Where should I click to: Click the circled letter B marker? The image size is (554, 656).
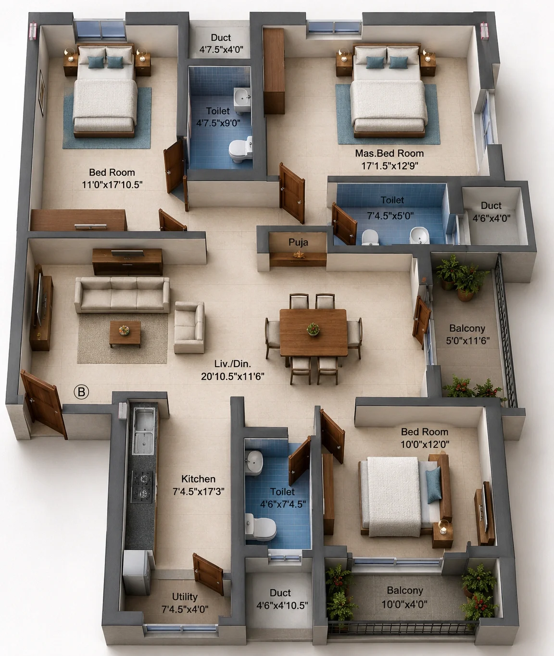(x=81, y=392)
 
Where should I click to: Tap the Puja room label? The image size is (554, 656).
(x=298, y=242)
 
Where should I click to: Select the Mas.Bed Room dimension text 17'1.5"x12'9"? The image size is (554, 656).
(x=390, y=166)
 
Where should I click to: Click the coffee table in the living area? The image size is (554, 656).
(x=125, y=334)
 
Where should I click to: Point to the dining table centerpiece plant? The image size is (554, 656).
(x=313, y=329)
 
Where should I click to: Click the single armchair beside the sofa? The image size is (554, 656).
(x=189, y=327)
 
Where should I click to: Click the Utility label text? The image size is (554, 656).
(x=185, y=596)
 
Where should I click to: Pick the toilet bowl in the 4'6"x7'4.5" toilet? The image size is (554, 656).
(x=260, y=529)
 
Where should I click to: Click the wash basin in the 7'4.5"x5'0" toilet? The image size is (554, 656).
(x=419, y=235)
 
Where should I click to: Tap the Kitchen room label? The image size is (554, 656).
(x=199, y=479)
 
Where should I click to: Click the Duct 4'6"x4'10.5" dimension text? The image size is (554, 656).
(x=282, y=606)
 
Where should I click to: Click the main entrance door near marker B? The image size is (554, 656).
(x=44, y=404)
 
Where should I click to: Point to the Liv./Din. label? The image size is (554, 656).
(x=233, y=364)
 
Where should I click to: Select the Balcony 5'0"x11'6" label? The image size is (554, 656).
(x=467, y=334)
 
